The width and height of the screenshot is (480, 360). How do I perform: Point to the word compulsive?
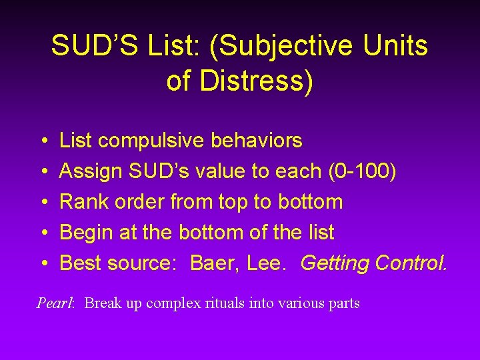(153, 141)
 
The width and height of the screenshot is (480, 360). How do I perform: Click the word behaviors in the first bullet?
(257, 141)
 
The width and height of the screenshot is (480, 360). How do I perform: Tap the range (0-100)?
(362, 171)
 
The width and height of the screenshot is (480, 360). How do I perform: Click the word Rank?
(83, 202)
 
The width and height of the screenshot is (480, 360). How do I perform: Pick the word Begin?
(86, 233)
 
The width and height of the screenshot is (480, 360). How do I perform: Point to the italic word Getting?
(335, 263)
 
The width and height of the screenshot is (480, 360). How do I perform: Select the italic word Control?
(411, 263)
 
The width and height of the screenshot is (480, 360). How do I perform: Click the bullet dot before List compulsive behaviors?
(42, 141)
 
